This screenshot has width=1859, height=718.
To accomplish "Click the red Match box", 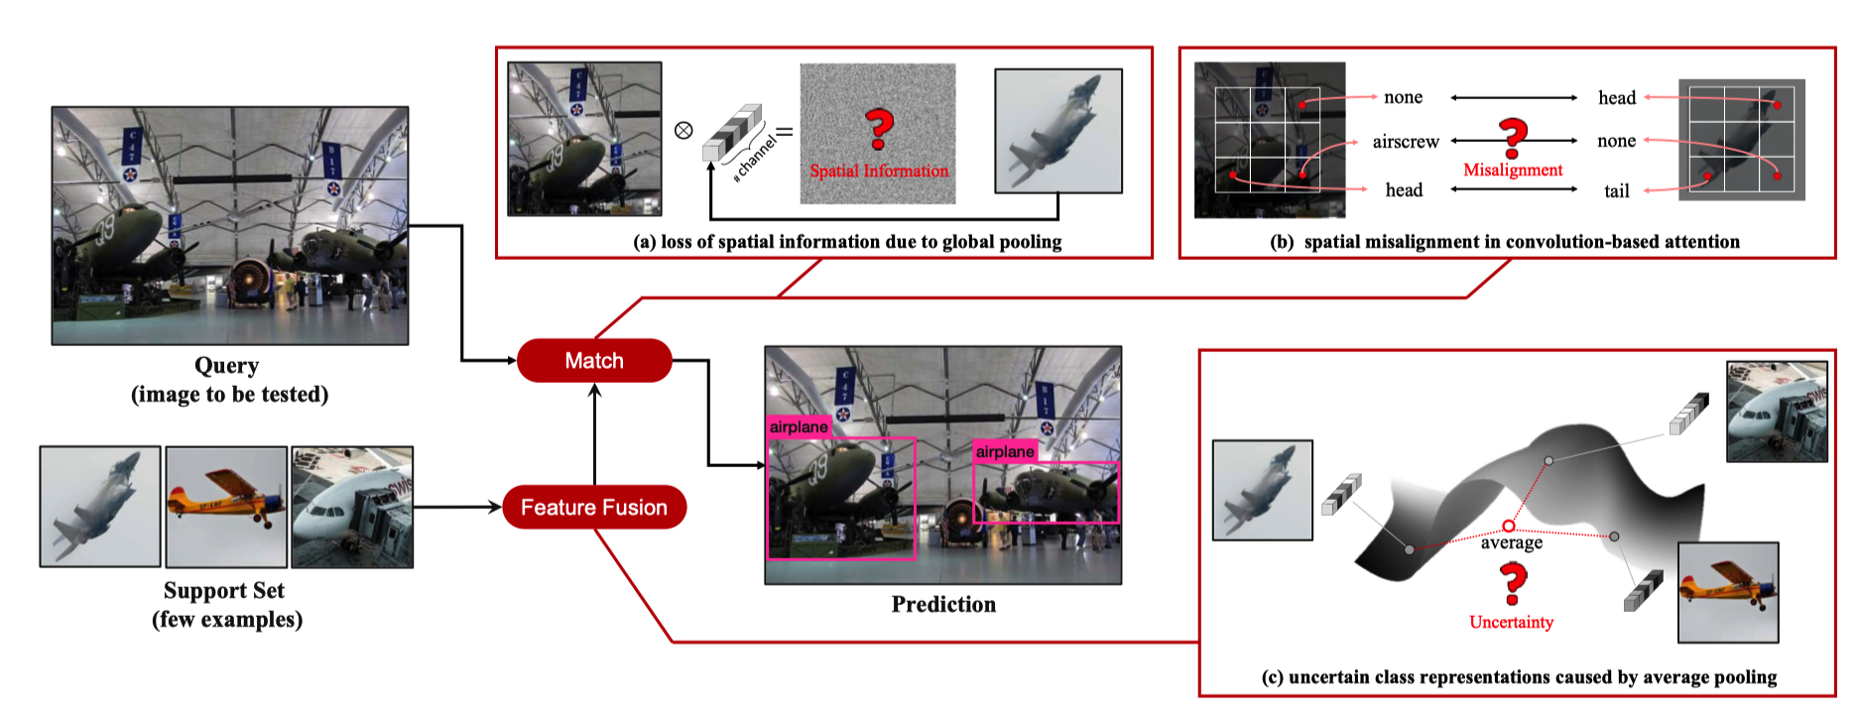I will (594, 361).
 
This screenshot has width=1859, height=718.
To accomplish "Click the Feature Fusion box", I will (594, 508).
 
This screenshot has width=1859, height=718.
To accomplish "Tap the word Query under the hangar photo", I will (227, 366).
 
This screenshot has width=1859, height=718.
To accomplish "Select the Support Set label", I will (224, 591).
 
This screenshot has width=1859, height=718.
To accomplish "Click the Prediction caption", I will (943, 605).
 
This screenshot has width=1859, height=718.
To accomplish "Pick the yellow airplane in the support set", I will (226, 507).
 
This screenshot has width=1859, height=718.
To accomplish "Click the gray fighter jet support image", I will (100, 507).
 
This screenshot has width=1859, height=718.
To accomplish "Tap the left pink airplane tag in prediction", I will (799, 427).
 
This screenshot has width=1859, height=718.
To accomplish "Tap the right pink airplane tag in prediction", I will (1005, 452).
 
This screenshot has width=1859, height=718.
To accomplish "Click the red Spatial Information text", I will (879, 172).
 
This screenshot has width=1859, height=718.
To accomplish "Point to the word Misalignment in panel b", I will (1513, 171).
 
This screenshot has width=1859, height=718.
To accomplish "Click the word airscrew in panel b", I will (1406, 142).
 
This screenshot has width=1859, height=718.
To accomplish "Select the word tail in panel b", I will (1617, 191).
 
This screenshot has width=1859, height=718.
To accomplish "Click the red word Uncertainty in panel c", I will (1511, 623).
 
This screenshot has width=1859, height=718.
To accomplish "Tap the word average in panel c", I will (1512, 543).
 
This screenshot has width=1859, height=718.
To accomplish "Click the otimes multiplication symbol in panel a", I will (683, 130).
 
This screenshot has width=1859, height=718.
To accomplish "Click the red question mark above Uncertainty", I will (1513, 583).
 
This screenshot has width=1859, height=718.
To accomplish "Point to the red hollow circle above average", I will (1509, 526).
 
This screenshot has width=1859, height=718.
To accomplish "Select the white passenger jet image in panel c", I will (1777, 412).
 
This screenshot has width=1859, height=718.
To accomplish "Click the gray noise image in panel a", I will (878, 134).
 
